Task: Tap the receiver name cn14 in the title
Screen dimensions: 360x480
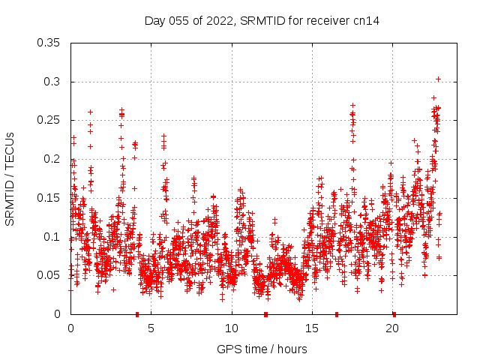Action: (x=367, y=21)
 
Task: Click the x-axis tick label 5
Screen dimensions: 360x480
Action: (x=151, y=328)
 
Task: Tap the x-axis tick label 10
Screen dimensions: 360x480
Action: (x=232, y=328)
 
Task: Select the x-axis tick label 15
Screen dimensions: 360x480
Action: (x=312, y=328)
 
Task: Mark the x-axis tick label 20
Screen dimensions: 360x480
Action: (x=392, y=328)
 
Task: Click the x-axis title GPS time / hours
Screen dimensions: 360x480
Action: (x=262, y=349)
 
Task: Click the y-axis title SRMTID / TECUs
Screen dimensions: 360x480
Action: (x=10, y=178)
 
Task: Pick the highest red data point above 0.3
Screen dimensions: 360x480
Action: (x=438, y=79)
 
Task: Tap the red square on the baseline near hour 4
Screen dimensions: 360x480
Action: (x=137, y=314)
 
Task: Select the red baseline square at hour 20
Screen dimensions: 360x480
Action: (x=394, y=314)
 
